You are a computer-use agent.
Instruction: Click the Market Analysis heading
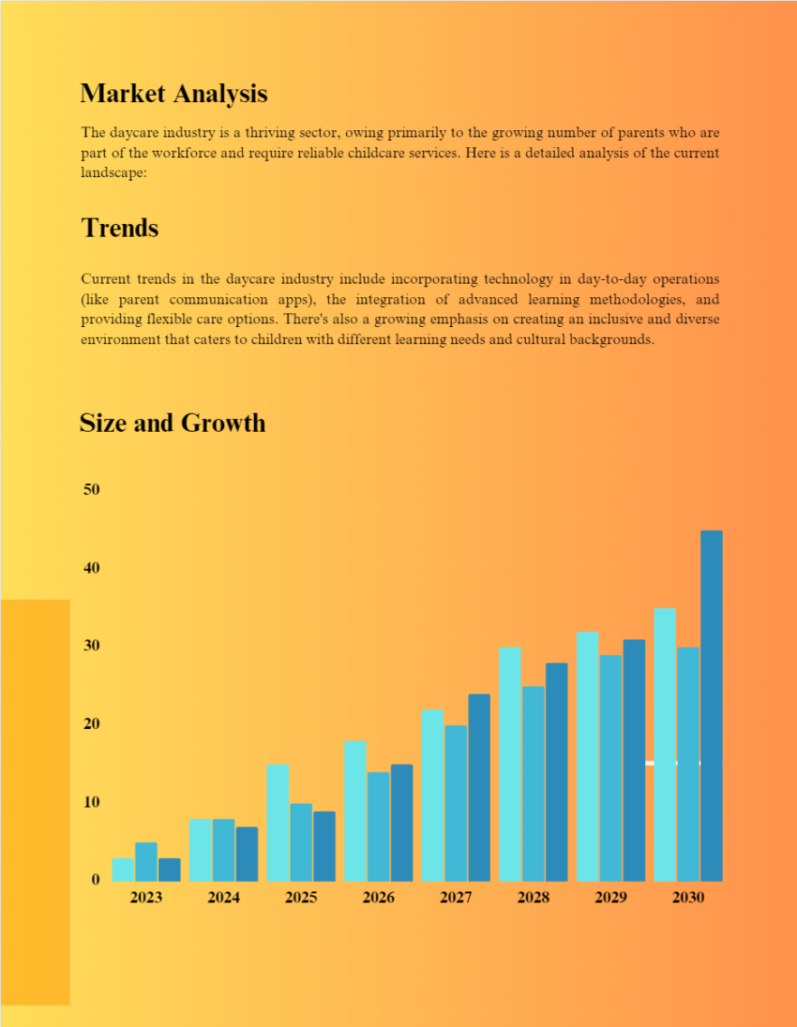(x=173, y=94)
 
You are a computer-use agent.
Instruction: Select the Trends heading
(x=119, y=228)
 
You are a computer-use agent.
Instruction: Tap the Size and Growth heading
(x=172, y=423)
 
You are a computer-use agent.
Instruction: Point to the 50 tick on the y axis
(x=91, y=490)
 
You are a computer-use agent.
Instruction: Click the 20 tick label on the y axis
(x=91, y=724)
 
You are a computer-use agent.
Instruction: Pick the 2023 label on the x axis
(x=146, y=898)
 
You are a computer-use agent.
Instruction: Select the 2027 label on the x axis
(x=456, y=898)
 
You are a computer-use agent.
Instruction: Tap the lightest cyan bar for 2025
(x=278, y=823)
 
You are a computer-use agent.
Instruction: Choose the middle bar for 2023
(x=146, y=862)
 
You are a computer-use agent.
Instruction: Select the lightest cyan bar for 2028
(x=510, y=764)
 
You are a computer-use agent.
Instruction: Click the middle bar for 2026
(x=379, y=826)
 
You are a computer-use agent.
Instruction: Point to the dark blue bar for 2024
(x=247, y=854)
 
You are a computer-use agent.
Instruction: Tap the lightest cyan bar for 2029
(x=588, y=756)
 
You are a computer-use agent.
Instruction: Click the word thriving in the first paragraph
(x=293, y=133)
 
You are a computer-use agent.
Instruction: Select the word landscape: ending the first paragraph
(x=113, y=173)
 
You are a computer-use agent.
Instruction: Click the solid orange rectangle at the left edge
(x=35, y=802)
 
